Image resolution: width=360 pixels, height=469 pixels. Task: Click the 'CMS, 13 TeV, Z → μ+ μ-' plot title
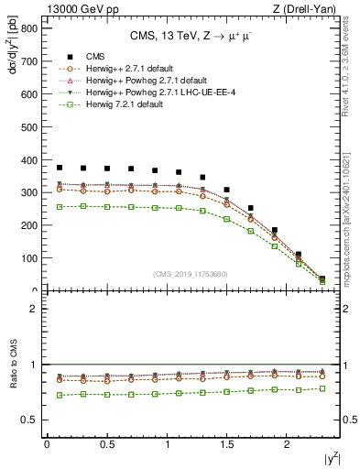click(187, 36)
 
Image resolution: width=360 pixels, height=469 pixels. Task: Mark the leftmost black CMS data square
click(60, 168)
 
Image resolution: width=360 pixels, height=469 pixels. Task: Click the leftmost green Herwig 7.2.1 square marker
click(60, 207)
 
